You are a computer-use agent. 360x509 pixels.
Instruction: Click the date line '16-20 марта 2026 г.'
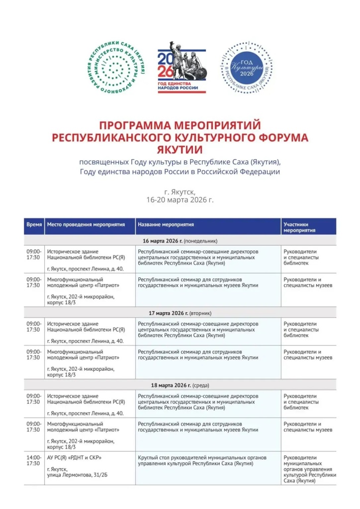(x=180, y=199)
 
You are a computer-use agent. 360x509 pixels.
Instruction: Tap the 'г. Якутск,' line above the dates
(x=180, y=191)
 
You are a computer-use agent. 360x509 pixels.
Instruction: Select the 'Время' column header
(x=34, y=225)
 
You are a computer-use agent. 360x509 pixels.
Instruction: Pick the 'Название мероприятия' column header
(x=166, y=225)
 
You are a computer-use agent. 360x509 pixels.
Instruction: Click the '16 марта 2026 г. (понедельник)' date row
(x=180, y=241)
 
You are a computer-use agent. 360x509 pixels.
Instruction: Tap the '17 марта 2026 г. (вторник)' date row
(x=180, y=313)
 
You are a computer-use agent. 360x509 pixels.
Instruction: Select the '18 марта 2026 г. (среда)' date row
(x=180, y=385)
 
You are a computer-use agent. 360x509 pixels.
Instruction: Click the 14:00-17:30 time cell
(x=34, y=460)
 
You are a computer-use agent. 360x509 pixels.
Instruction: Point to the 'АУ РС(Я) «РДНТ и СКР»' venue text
(x=74, y=457)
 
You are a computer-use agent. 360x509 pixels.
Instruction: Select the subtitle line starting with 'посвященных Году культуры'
(x=180, y=162)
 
